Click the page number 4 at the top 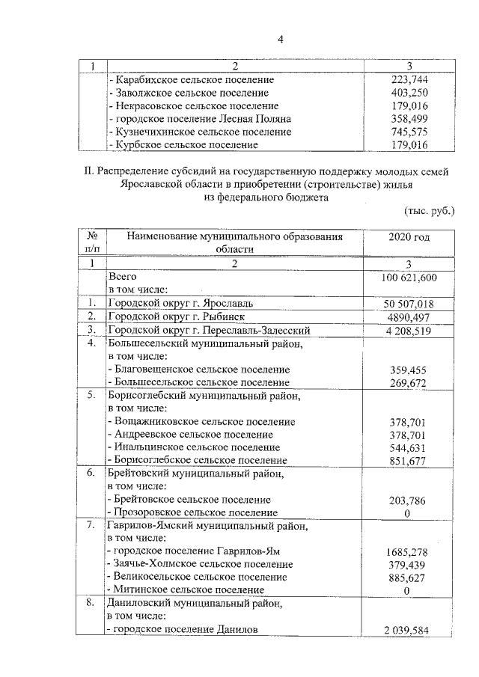pos(239,39)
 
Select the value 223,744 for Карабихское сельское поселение pos(408,79)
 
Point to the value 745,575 pos(408,132)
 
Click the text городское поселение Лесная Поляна pos(199,119)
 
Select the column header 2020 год pos(409,237)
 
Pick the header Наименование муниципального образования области pos(234,243)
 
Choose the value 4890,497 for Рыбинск pos(409,316)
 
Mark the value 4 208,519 pos(409,330)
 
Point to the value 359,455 pos(409,370)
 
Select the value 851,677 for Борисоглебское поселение pos(409,460)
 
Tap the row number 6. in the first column pos(90,474)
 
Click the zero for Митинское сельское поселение pos(409,590)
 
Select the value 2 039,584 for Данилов pos(409,630)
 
